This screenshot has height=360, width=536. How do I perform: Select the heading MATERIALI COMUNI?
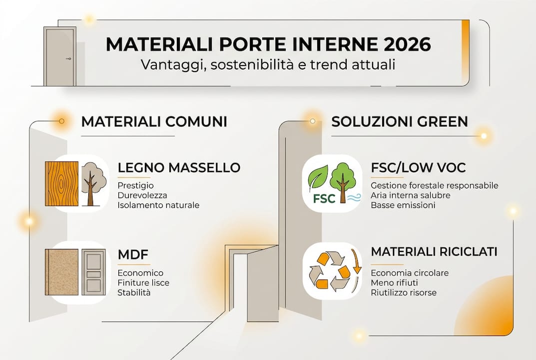154,121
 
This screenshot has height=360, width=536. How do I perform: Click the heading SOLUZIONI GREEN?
400,121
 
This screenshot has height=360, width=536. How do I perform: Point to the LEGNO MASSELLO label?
179,167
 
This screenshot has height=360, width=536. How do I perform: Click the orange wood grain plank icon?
61,183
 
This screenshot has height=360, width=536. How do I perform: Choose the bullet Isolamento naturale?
158,205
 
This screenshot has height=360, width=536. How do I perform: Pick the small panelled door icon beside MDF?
93,271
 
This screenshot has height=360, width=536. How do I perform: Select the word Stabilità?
134,292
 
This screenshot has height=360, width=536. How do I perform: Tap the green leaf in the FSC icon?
318,176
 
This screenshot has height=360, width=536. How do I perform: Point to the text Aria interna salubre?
411,195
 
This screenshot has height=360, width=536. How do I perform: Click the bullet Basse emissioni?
403,205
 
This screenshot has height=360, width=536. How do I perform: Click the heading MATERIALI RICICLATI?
434,251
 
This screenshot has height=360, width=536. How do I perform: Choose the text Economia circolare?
410,273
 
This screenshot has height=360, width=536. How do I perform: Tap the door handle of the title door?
68,59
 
